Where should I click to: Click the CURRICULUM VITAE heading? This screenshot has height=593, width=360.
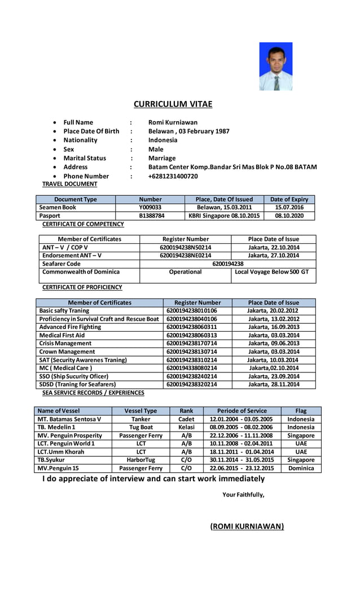(x=173, y=104)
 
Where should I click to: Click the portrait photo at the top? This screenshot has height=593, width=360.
(x=275, y=67)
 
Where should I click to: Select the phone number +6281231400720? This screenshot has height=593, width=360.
(x=173, y=176)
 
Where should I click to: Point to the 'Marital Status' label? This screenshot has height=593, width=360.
(x=85, y=158)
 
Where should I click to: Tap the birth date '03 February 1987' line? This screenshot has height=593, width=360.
(x=188, y=131)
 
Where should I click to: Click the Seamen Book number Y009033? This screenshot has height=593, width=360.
(x=150, y=208)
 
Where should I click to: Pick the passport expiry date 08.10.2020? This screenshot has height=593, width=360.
(x=289, y=216)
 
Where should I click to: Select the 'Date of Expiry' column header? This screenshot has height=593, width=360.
(x=289, y=199)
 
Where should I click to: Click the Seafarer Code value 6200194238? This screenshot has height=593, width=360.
(x=227, y=263)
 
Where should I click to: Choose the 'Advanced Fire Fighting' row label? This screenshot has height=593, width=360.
(x=70, y=327)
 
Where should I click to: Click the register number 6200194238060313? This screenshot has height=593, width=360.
(x=192, y=335)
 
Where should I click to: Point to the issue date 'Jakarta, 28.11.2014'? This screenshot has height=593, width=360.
(x=273, y=384)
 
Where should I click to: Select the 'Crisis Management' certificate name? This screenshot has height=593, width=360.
(x=65, y=343)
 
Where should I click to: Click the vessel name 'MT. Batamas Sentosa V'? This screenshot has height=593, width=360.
(x=69, y=419)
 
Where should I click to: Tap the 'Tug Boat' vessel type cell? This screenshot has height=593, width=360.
(x=141, y=427)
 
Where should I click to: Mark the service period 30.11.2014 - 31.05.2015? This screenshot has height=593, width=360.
(x=242, y=460)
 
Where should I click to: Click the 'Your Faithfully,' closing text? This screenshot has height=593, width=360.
(x=243, y=495)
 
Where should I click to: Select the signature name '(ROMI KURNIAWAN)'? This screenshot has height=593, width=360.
(x=247, y=526)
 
